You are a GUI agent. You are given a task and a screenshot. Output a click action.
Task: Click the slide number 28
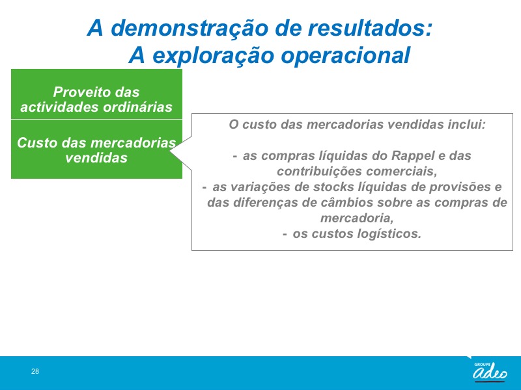(x=35, y=371)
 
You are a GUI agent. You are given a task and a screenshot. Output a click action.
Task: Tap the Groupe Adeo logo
(x=490, y=371)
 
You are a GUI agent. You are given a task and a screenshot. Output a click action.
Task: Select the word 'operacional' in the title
(x=346, y=55)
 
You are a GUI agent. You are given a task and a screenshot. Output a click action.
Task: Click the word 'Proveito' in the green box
(x=79, y=92)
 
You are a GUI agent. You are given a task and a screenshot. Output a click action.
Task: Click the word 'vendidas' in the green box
(x=96, y=157)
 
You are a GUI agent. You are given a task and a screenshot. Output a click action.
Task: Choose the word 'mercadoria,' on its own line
(x=357, y=218)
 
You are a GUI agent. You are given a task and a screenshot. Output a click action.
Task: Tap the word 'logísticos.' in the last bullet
(x=389, y=234)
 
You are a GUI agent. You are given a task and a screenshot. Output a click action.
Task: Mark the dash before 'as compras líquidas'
(x=235, y=156)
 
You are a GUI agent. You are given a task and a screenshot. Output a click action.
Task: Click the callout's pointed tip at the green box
(x=170, y=151)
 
